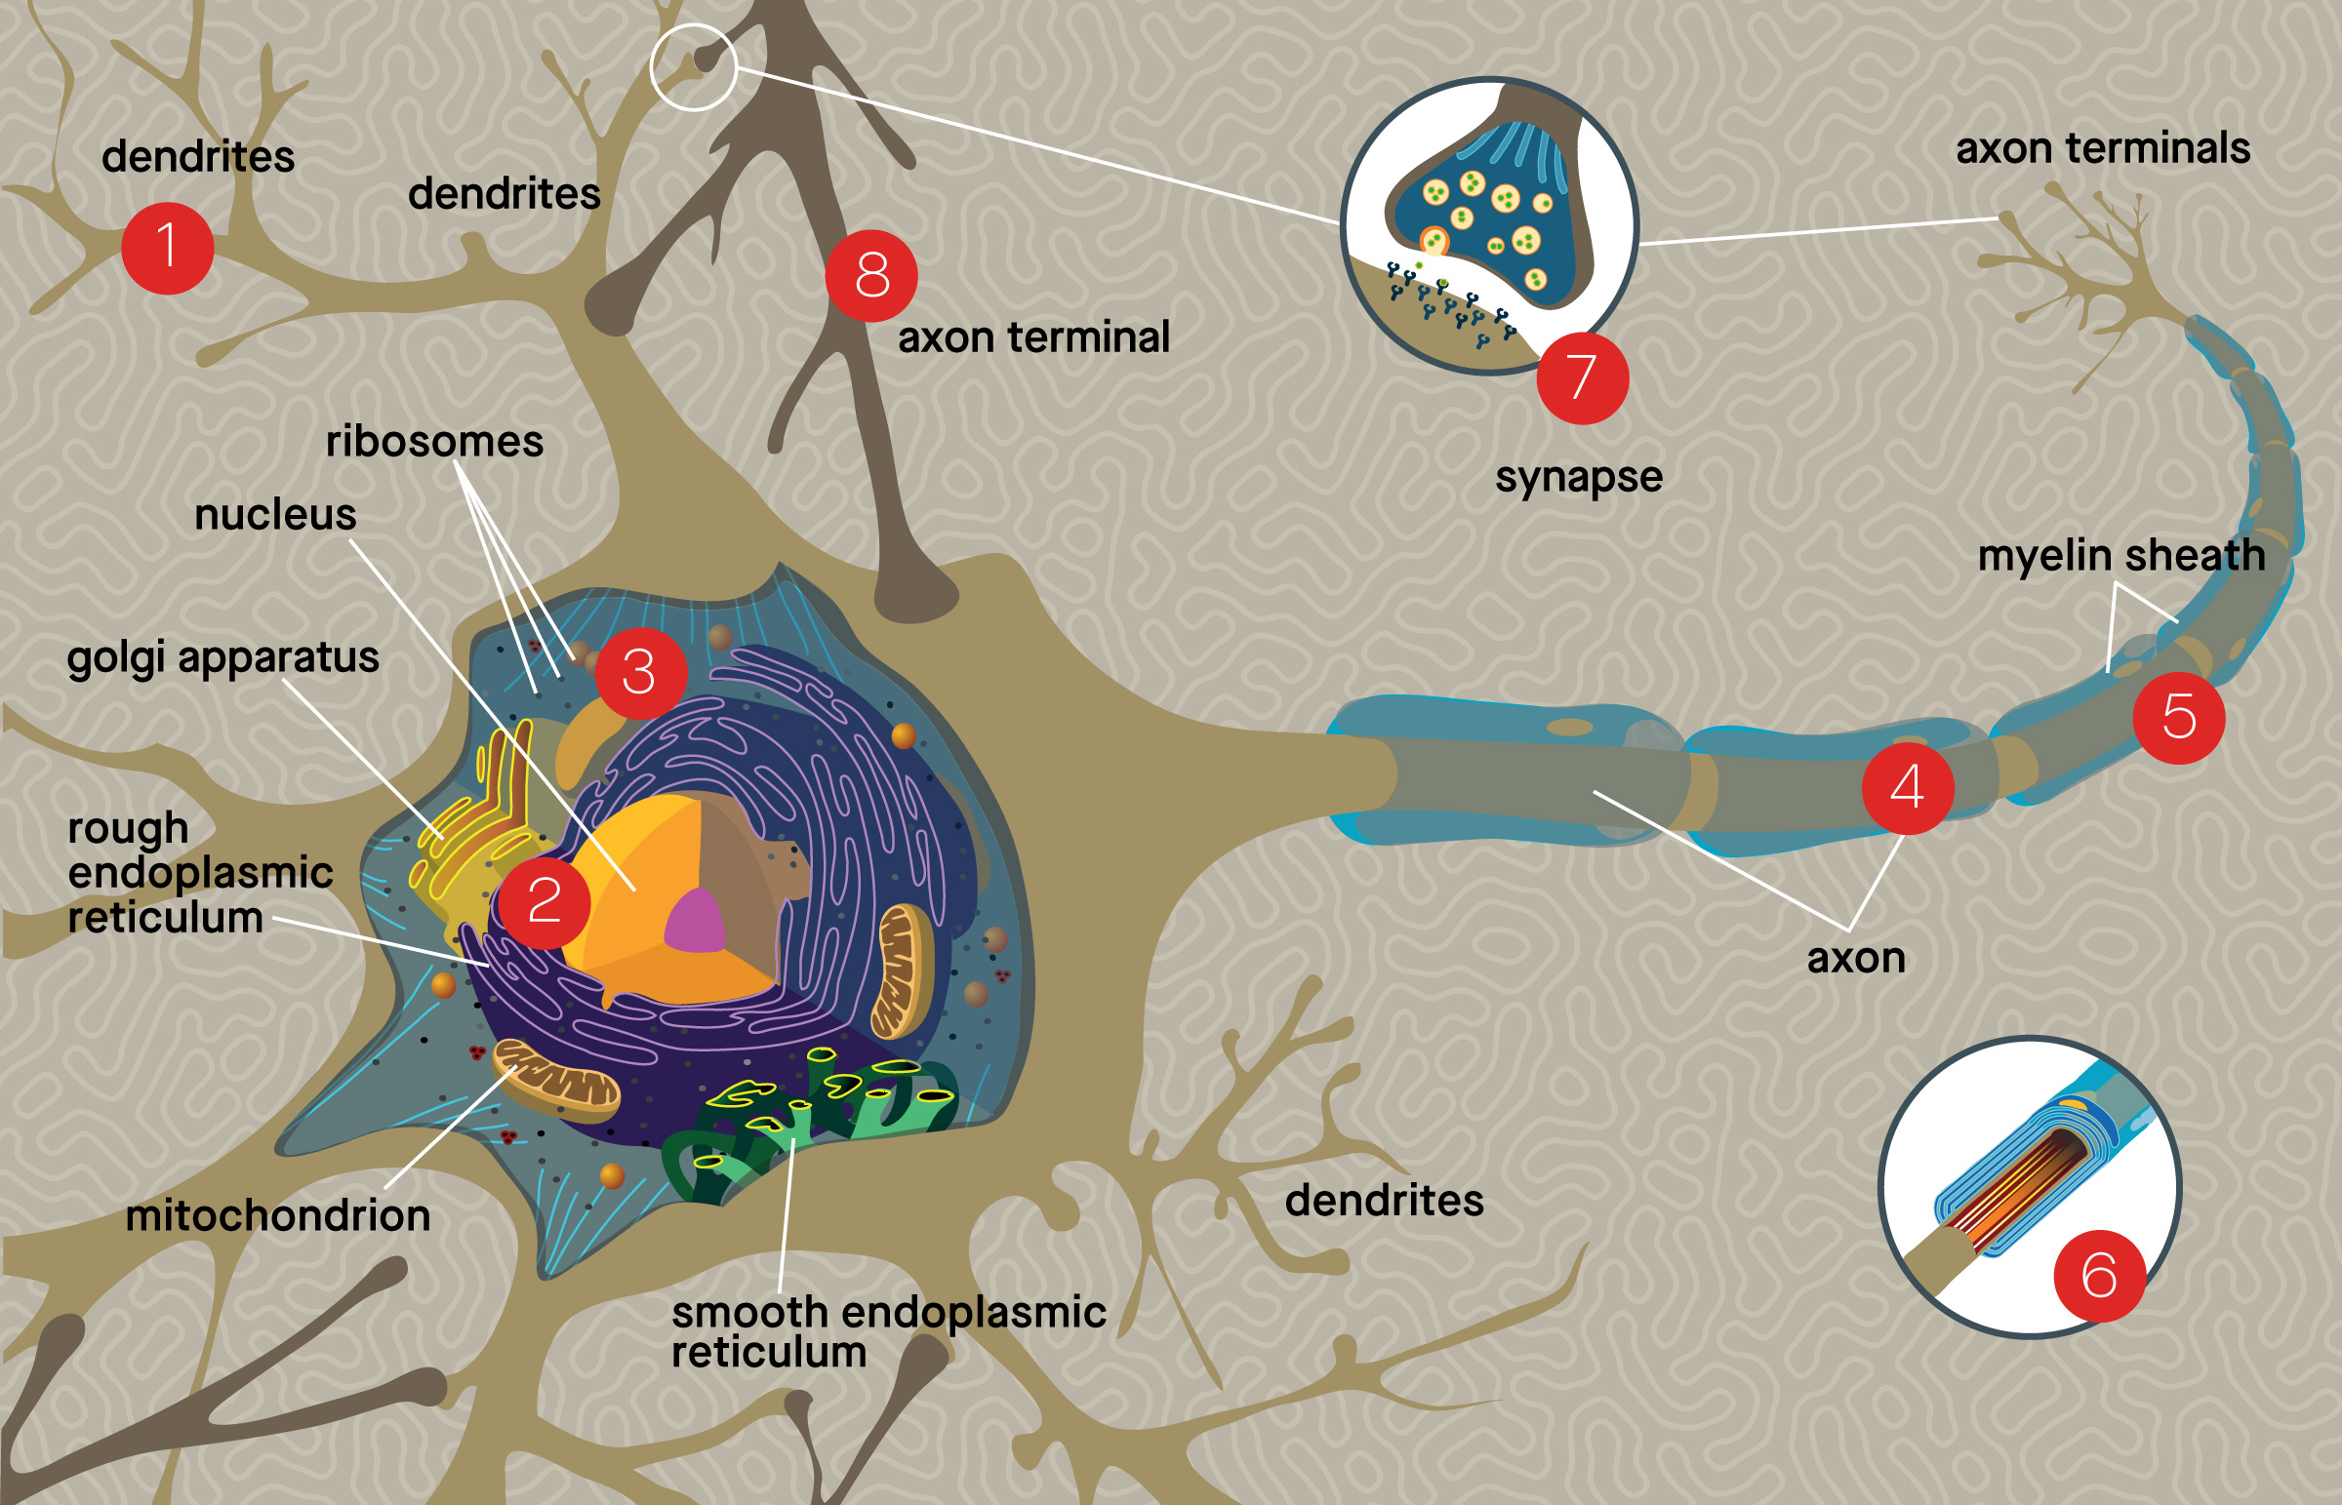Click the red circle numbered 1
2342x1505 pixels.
click(167, 248)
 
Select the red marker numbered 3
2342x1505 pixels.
click(640, 672)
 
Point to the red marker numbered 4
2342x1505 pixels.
click(1907, 788)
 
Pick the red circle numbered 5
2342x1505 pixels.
click(2179, 717)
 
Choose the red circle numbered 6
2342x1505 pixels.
click(2100, 1276)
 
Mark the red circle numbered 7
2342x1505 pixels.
click(1582, 377)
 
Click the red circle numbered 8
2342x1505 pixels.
click(870, 276)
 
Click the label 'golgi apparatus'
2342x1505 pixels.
click(222, 657)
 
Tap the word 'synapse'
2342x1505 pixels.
click(1579, 478)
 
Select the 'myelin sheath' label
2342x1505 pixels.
click(2121, 555)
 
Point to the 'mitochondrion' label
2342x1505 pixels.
click(278, 1215)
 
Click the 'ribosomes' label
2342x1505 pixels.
click(434, 442)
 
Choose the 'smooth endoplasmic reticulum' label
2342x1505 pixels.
click(888, 1332)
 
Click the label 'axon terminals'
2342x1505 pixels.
click(2103, 148)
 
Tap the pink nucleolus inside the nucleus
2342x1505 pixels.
click(696, 923)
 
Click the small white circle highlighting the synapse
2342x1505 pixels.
click(693, 66)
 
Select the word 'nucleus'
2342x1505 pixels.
click(275, 515)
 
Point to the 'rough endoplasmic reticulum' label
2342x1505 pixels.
click(199, 873)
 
